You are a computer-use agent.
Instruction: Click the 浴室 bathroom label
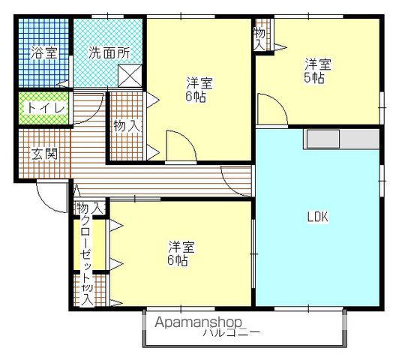[43, 52]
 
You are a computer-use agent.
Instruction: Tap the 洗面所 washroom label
[109, 52]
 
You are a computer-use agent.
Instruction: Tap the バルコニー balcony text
[232, 332]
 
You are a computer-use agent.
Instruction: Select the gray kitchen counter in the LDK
[341, 140]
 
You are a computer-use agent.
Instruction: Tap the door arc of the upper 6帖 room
[180, 145]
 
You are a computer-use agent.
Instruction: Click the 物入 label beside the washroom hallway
[126, 125]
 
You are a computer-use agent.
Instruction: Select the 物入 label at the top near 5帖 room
[259, 37]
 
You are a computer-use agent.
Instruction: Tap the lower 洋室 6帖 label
[178, 253]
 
